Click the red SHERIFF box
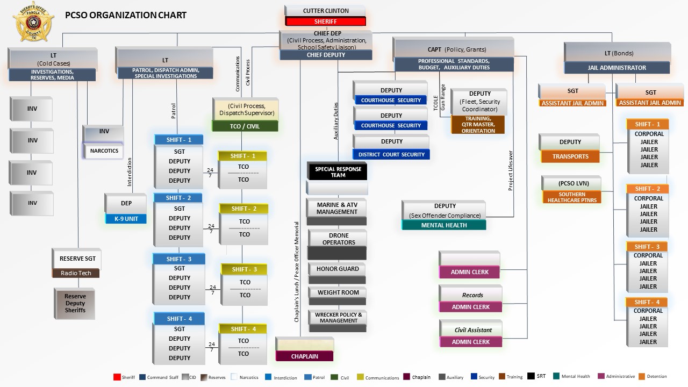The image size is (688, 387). coord(325,21)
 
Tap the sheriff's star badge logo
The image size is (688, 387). coord(33,21)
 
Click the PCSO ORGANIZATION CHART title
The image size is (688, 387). coord(126,15)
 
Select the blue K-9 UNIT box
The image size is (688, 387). coord(126,219)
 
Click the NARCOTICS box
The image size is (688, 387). coord(104,151)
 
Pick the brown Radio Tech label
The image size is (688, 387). coord(76,273)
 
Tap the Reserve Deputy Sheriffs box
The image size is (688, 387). coord(75,303)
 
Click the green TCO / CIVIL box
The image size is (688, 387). coord(245,126)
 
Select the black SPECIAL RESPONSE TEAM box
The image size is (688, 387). coord(338,172)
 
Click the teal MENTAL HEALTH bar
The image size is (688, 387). coord(444,225)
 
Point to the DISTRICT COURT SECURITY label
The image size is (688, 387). coord(391,154)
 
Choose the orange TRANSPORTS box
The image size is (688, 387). coord(570,156)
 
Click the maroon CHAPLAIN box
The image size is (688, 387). coord(305,356)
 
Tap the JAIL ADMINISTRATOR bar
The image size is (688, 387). coord(617,68)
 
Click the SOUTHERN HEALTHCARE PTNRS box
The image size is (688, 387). coord(572,197)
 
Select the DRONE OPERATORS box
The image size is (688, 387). coord(339,239)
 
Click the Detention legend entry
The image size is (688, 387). coord(653,376)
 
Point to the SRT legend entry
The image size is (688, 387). coord(536,376)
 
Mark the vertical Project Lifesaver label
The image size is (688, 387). coord(511,170)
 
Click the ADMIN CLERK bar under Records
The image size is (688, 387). coord(470,307)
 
